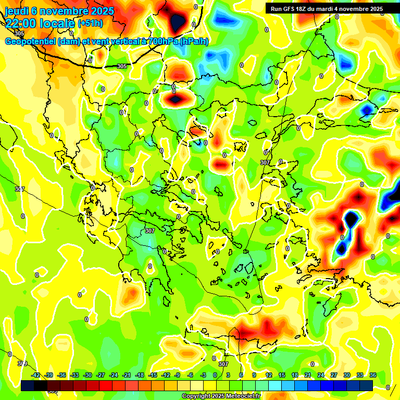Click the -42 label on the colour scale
pyautogui.click(x=36, y=375)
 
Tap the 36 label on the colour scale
pyautogui.click(x=372, y=375)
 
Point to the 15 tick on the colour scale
pyautogui.click(x=282, y=375)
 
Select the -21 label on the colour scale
pyautogui.click(x=127, y=375)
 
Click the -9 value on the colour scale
pyautogui.click(x=177, y=375)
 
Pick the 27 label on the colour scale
pyautogui.click(x=333, y=375)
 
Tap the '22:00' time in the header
pyautogui.click(x=21, y=23)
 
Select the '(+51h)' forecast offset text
pyautogui.click(x=91, y=23)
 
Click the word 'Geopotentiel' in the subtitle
pyautogui.click(x=30, y=42)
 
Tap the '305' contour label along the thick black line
pyautogui.click(x=122, y=66)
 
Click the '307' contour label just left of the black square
pyautogui.click(x=265, y=162)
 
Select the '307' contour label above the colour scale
pyautogui.click(x=223, y=364)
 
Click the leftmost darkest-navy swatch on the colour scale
pyautogui.click(x=28, y=385)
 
